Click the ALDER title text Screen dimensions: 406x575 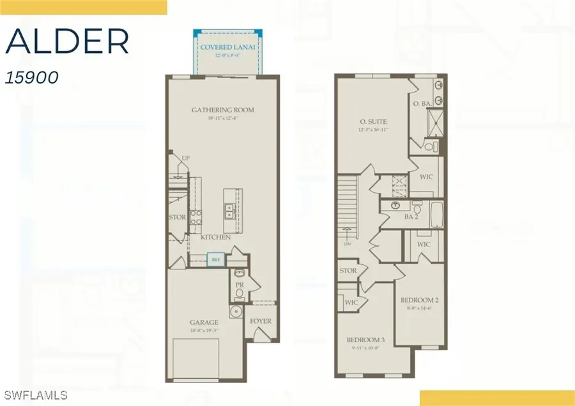68,42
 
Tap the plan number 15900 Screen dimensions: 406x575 32,77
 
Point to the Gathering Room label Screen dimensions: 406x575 222,110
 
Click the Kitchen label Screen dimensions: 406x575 215,237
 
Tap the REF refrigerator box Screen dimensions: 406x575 216,259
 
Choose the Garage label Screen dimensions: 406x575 204,322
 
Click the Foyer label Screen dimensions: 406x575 260,321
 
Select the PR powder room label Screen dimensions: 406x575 240,285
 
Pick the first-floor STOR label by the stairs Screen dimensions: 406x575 177,217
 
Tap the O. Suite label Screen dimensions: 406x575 373,121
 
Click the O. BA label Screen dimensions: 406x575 420,103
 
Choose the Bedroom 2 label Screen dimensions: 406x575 420,299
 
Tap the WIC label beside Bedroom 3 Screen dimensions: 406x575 351,303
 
